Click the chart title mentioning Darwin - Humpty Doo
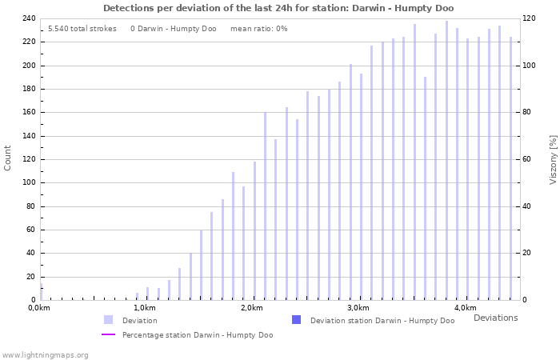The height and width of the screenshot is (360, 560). tap(278, 8)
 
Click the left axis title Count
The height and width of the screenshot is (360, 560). tap(8, 158)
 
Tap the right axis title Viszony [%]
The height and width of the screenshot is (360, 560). tap(553, 158)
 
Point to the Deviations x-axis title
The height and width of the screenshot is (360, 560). tap(495, 318)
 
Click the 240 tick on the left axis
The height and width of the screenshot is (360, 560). tap(28, 18)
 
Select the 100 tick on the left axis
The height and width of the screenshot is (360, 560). tap(28, 182)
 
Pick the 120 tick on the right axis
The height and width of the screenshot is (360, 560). tap(528, 18)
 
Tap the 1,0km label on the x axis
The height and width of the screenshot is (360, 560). tap(144, 308)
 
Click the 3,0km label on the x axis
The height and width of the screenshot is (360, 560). tap(358, 308)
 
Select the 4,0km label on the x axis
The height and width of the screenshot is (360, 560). tap(465, 308)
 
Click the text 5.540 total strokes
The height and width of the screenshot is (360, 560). tap(82, 29)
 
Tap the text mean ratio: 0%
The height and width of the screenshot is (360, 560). tap(258, 29)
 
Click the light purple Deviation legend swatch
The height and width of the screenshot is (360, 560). tap(108, 320)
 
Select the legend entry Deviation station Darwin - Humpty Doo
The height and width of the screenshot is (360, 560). tap(382, 321)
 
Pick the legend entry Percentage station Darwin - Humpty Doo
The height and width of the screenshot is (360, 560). tap(197, 335)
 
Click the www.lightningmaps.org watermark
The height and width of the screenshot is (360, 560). tap(45, 354)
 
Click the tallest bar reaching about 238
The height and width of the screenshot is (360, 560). tap(446, 160)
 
